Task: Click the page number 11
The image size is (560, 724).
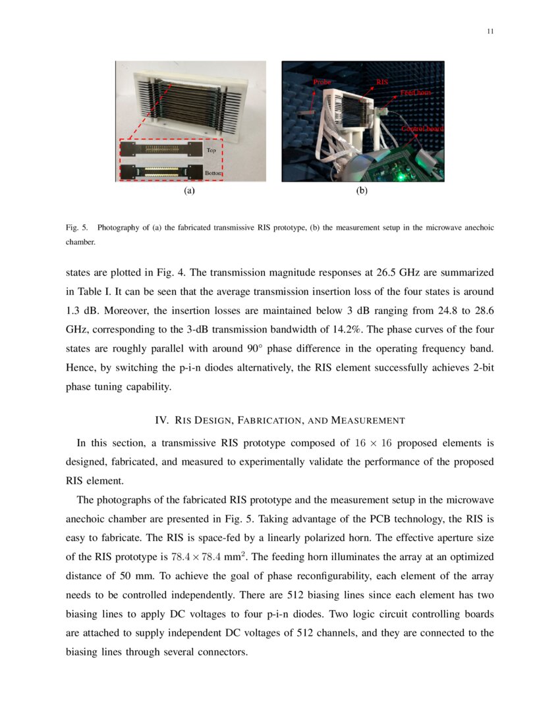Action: pos(490,31)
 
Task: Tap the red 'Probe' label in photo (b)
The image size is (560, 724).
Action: pos(322,82)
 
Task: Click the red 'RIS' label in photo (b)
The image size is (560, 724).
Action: pos(381,82)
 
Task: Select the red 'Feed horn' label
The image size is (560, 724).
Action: pos(416,93)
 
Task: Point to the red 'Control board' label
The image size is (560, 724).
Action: pos(422,129)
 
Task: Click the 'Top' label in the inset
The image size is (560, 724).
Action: pos(211,150)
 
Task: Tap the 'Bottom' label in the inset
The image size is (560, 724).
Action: pos(213,172)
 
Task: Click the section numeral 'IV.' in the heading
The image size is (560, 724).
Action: pos(162,420)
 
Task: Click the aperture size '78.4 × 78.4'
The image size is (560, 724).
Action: pos(202,557)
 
